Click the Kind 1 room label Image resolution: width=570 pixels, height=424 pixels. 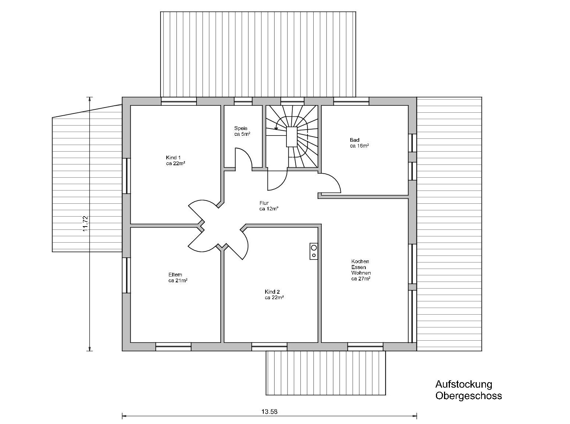tap(173, 157)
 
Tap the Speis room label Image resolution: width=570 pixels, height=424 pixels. tap(241, 128)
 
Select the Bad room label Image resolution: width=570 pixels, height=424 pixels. tap(355, 140)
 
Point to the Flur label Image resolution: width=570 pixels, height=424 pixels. tap(264, 203)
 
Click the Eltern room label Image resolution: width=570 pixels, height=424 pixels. tap(175, 275)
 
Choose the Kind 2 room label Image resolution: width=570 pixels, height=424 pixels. tap(272, 291)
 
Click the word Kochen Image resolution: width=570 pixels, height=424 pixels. tap(360, 261)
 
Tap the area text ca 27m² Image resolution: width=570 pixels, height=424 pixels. tap(361, 279)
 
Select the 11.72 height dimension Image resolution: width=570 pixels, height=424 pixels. tap(86, 223)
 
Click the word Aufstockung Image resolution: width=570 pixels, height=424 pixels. tap(463, 384)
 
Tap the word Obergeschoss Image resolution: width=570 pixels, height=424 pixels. tap(469, 396)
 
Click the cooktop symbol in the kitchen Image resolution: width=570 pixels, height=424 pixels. tap(314, 251)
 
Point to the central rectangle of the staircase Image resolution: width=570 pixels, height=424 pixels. tap(292, 137)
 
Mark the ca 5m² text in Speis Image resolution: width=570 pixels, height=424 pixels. tap(242, 134)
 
